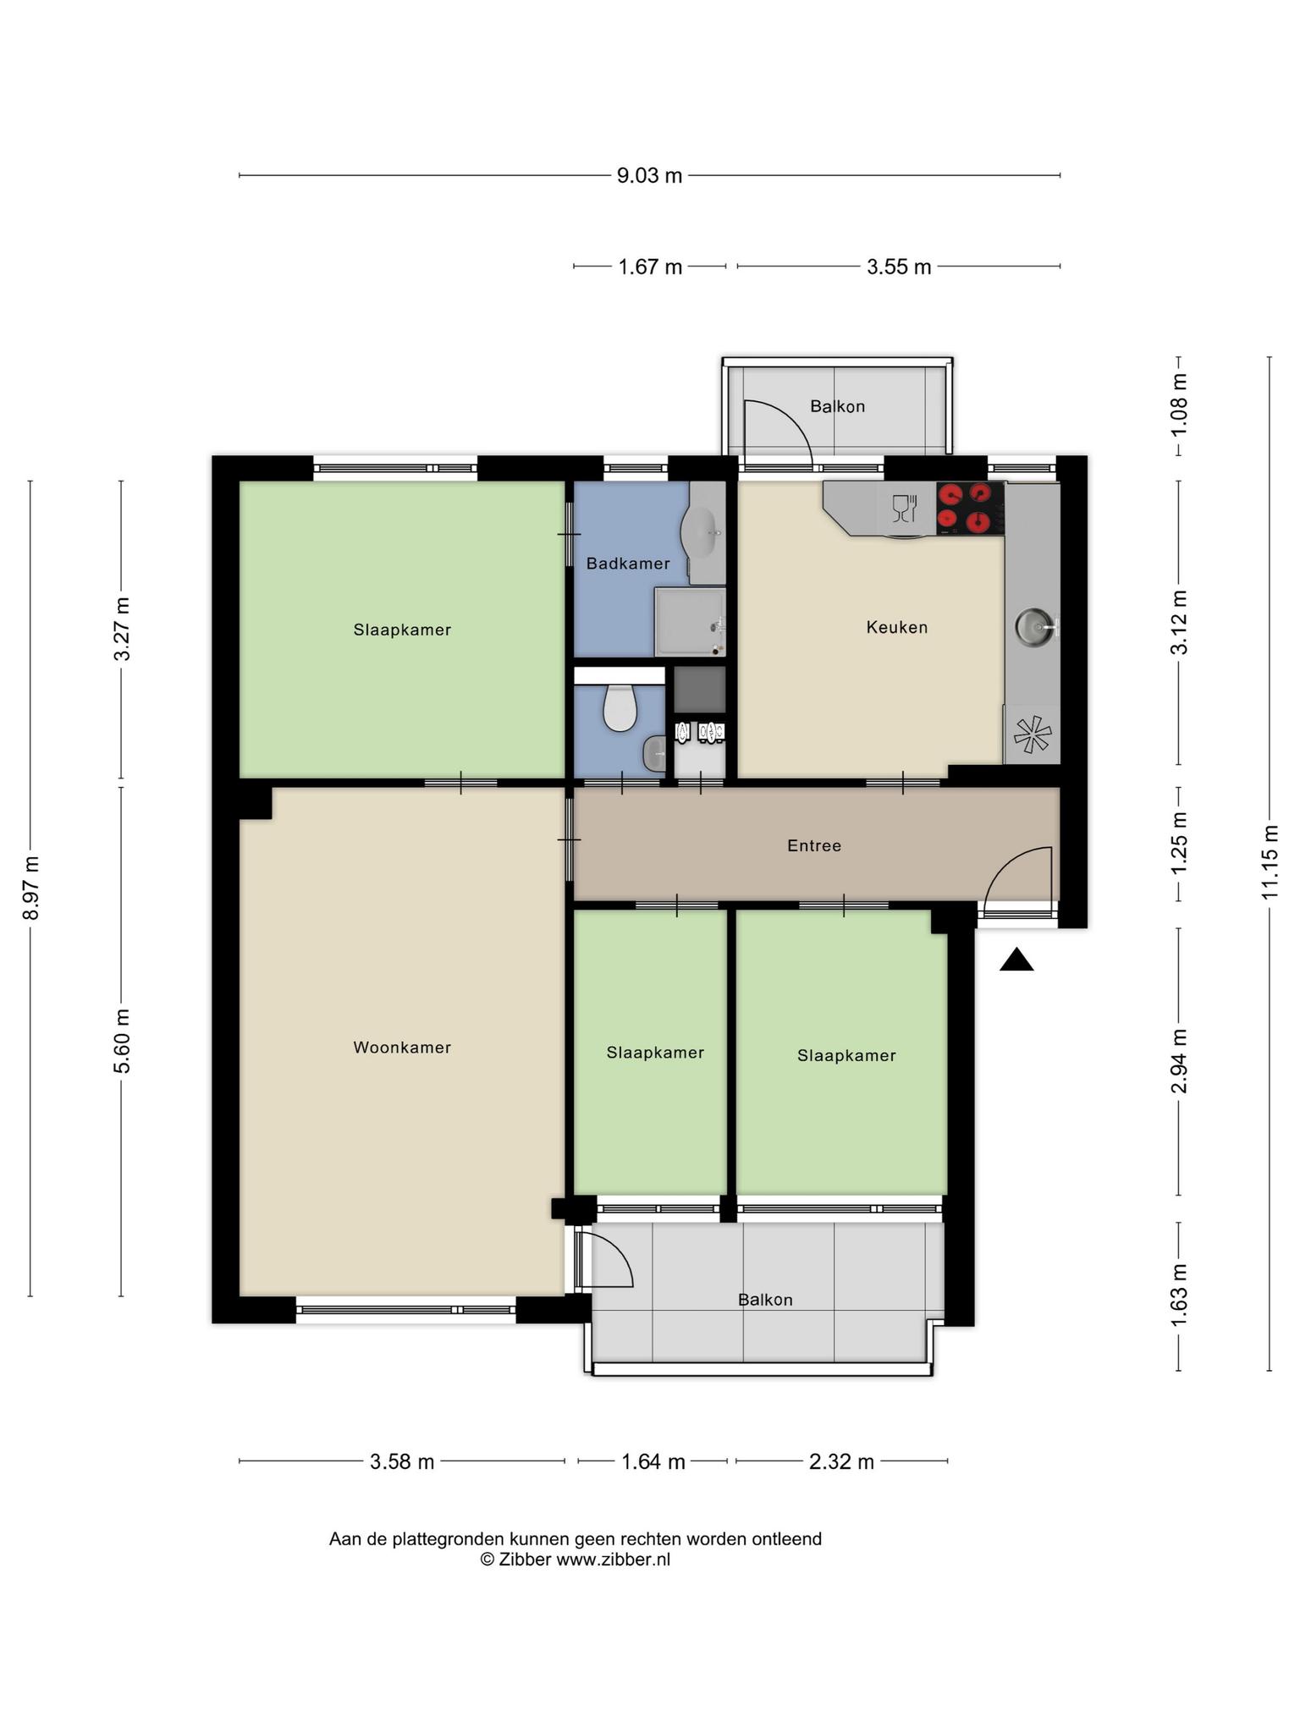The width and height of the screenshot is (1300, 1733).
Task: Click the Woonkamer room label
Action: click(x=402, y=1048)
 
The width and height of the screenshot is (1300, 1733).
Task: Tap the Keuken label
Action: click(x=897, y=627)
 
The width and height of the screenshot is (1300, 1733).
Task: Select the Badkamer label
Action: click(x=628, y=564)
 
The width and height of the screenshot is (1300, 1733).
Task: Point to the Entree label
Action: click(x=814, y=845)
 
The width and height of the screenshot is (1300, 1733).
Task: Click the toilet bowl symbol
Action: click(x=620, y=707)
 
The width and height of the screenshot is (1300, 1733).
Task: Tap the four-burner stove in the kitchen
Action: click(x=971, y=508)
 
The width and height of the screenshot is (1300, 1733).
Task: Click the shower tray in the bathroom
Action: click(x=690, y=622)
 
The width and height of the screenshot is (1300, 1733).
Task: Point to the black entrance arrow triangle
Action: click(x=1016, y=960)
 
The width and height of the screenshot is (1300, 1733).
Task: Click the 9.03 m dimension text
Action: click(x=649, y=176)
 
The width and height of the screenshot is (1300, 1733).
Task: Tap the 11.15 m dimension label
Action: click(x=1269, y=863)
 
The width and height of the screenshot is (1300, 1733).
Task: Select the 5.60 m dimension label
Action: click(x=123, y=1041)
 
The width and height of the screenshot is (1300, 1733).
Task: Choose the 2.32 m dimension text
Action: click(x=841, y=1461)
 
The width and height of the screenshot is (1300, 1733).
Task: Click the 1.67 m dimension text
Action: click(x=650, y=267)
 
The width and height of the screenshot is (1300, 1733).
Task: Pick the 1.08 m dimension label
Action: click(x=1179, y=404)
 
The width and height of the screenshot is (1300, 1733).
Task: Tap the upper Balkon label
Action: click(x=838, y=406)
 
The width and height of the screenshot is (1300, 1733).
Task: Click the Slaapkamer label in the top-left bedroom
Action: click(x=402, y=630)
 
